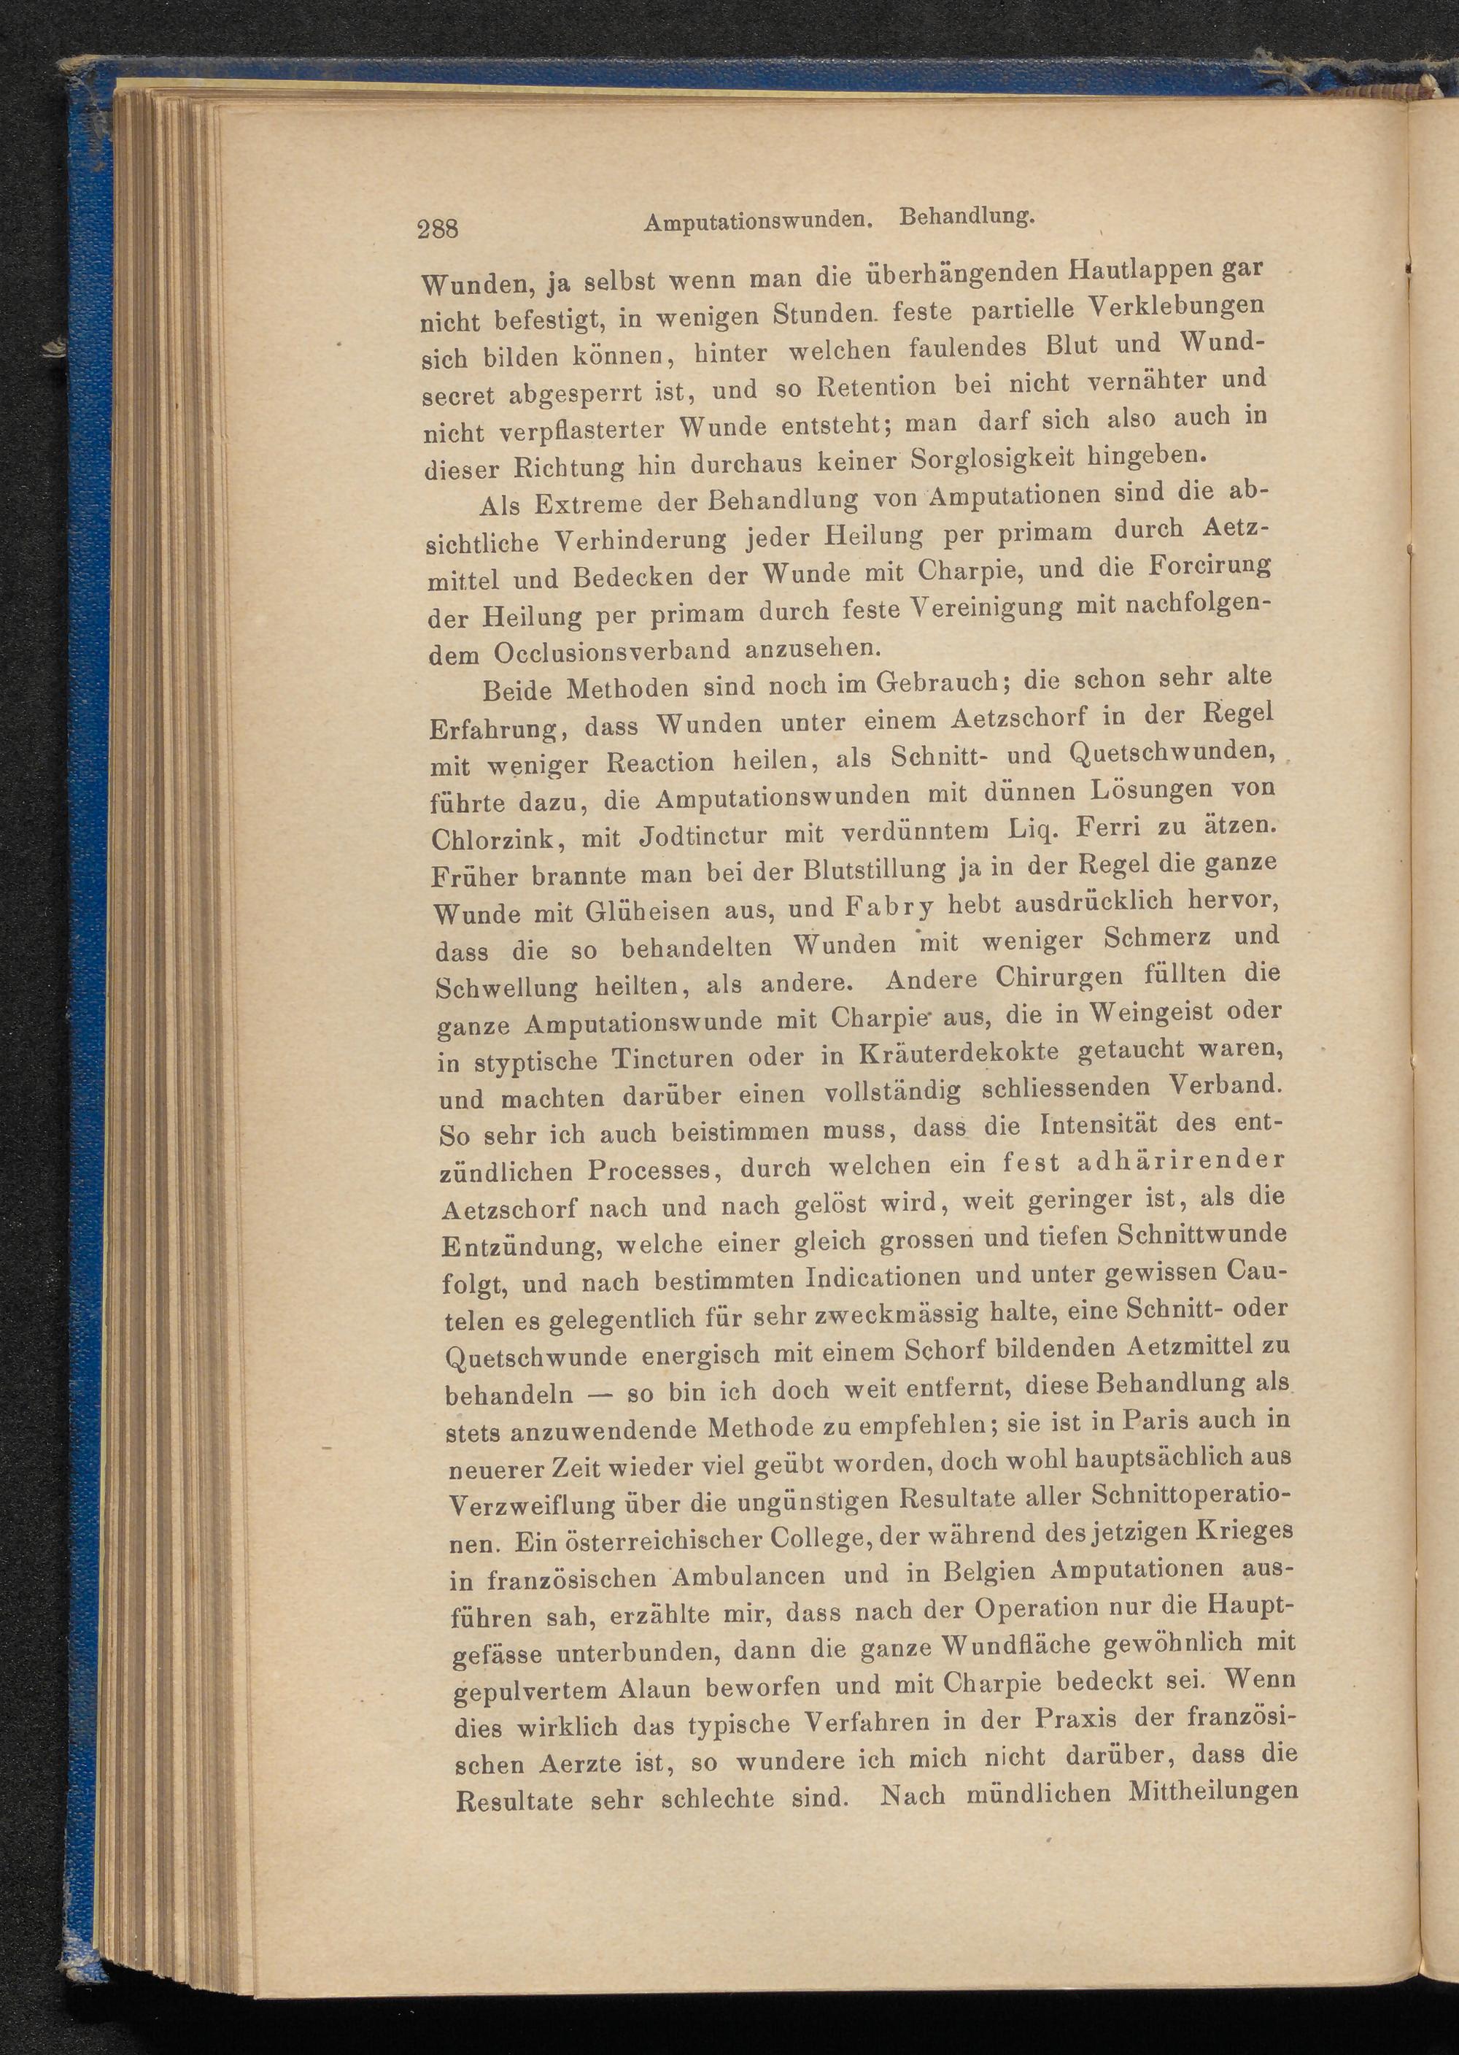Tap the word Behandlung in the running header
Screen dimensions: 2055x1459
coord(969,217)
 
